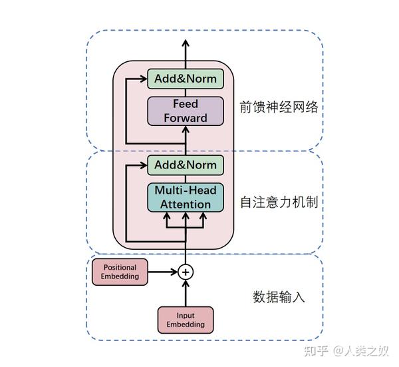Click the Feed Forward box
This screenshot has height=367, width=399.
pyautogui.click(x=186, y=111)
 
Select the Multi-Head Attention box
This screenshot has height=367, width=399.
pyautogui.click(x=186, y=197)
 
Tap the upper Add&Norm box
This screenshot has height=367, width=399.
pyautogui.click(x=186, y=79)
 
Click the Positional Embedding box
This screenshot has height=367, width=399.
pyautogui.click(x=120, y=272)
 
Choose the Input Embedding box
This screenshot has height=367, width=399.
pyautogui.click(x=186, y=320)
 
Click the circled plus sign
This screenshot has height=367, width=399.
pyautogui.click(x=186, y=272)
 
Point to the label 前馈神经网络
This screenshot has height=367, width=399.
pyautogui.click(x=279, y=107)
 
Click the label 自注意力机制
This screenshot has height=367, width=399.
pyautogui.click(x=279, y=201)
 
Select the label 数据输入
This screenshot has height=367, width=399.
pyautogui.click(x=279, y=297)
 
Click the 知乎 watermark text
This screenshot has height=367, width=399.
pyautogui.click(x=315, y=350)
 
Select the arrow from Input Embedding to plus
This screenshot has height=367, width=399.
pyautogui.click(x=186, y=293)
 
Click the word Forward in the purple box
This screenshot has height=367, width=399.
pyautogui.click(x=186, y=119)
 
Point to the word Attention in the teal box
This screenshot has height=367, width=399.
pyautogui.click(x=186, y=204)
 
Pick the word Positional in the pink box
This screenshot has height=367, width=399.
pyautogui.click(x=120, y=268)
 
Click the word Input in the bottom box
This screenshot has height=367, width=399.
pyautogui.click(x=186, y=315)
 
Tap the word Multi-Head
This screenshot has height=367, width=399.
pyautogui.click(x=186, y=190)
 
